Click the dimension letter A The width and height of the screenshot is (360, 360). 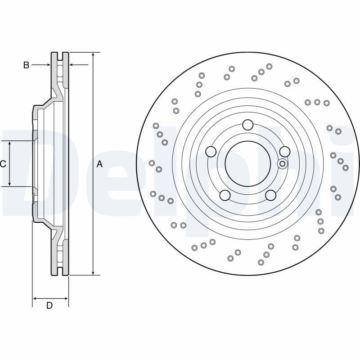99,164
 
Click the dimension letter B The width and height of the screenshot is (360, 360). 26,65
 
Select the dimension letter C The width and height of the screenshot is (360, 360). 3,164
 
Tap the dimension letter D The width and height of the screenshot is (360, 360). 49,306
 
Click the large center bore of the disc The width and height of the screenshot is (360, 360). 248,164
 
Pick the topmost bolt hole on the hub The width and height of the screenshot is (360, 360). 248,125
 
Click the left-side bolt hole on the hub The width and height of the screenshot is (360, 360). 211,152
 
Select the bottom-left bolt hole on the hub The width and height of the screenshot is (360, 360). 225,195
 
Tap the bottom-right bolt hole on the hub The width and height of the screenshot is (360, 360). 270,195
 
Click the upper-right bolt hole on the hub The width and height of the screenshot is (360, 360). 284,152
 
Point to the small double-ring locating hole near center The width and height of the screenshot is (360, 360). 283,164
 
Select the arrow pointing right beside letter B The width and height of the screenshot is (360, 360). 48,65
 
